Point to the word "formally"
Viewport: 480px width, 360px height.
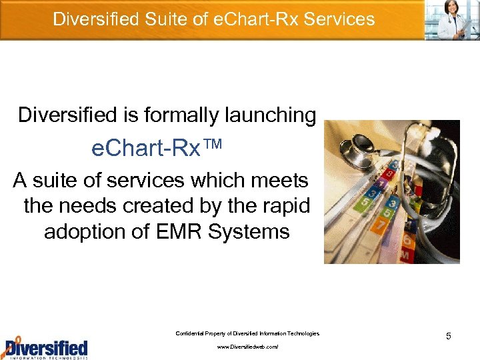point(178,115)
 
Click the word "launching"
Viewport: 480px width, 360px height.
point(269,115)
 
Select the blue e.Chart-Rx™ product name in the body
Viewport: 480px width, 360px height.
point(147,149)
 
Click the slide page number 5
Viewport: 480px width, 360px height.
point(449,336)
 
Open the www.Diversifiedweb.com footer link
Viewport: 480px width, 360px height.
point(247,347)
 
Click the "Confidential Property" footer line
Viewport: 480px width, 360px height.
point(247,333)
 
